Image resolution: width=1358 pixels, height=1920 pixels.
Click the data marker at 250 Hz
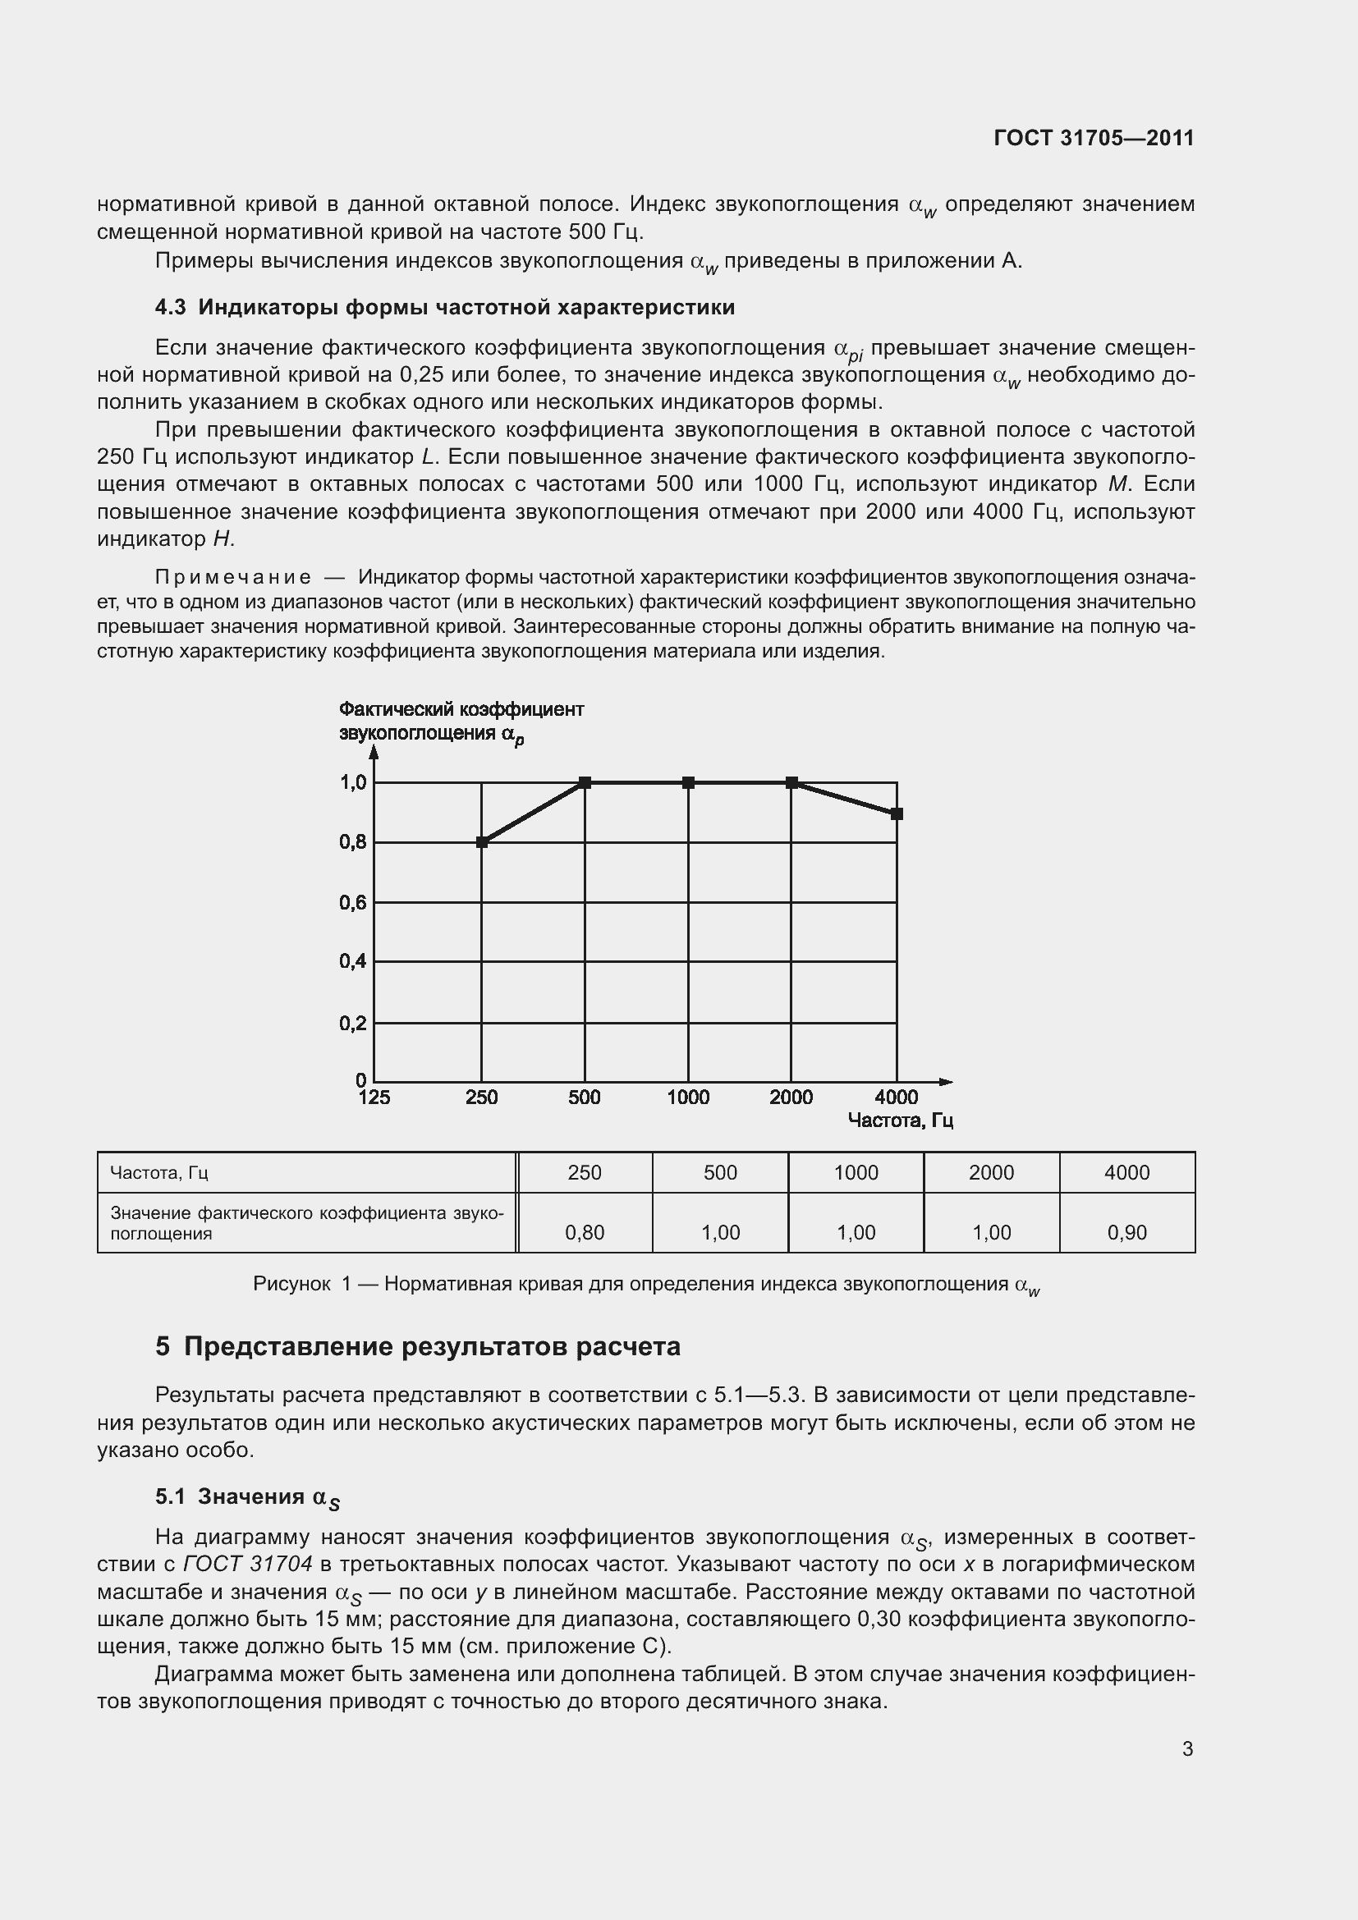[x=482, y=842]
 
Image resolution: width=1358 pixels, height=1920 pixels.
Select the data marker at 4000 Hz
[x=897, y=813]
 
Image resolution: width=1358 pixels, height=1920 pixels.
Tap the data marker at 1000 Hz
[x=688, y=783]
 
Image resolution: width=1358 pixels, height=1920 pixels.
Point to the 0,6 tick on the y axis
[x=353, y=903]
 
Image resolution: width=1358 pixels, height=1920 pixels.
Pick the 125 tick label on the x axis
[x=374, y=1098]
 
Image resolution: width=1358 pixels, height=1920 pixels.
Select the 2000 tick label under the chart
[x=791, y=1098]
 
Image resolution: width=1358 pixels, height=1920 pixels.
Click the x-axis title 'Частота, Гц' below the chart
[x=901, y=1120]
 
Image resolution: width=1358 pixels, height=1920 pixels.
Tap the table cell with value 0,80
[x=585, y=1232]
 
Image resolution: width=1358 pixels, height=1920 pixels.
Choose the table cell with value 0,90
[x=1126, y=1232]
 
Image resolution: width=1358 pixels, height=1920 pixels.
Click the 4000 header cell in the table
[x=1126, y=1172]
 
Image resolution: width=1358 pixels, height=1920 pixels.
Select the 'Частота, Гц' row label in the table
[x=159, y=1172]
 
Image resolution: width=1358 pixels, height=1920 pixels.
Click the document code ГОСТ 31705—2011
[x=1094, y=138]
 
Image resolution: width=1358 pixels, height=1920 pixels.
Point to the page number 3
[x=1187, y=1748]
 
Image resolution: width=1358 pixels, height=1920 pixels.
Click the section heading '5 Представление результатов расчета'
[x=418, y=1347]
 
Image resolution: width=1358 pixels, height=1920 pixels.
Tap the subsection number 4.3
[x=171, y=308]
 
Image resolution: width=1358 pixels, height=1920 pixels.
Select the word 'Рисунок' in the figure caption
[x=291, y=1285]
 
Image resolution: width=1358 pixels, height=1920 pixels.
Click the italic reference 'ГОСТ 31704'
[x=247, y=1564]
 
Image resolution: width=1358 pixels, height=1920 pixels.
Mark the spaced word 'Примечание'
[x=233, y=578]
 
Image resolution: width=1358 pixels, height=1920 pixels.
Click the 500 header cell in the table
[x=720, y=1172]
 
